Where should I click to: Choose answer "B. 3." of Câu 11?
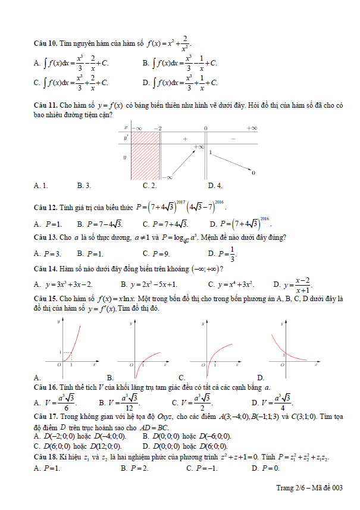tap(84, 186)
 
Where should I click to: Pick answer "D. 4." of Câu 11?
tap(215, 186)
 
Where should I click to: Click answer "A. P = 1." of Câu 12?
tap(48, 224)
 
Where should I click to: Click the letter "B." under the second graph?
tap(109, 377)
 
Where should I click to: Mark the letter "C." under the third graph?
tap(181, 377)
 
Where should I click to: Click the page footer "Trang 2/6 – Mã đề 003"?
tap(309, 489)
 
